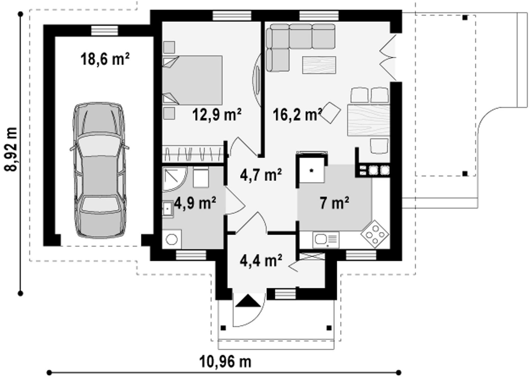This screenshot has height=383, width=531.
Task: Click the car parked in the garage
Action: click(x=99, y=170)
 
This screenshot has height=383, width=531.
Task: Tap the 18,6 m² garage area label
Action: click(x=105, y=60)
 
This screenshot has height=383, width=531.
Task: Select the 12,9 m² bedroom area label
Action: click(x=217, y=115)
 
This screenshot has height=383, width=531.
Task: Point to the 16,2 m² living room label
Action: click(x=297, y=115)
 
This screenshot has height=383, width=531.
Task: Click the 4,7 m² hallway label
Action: click(x=261, y=175)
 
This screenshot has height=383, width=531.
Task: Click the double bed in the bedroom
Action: click(x=192, y=80)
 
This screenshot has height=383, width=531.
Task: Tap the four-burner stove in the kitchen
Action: click(x=375, y=234)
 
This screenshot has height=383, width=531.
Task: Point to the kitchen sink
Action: click(x=326, y=240)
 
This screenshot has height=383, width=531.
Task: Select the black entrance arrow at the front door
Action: click(x=248, y=301)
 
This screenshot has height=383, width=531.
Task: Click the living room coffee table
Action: click(x=319, y=65)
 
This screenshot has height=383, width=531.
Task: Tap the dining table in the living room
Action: click(x=369, y=120)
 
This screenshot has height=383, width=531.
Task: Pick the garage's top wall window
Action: click(x=104, y=30)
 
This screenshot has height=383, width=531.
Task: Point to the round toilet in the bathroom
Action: click(x=172, y=239)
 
